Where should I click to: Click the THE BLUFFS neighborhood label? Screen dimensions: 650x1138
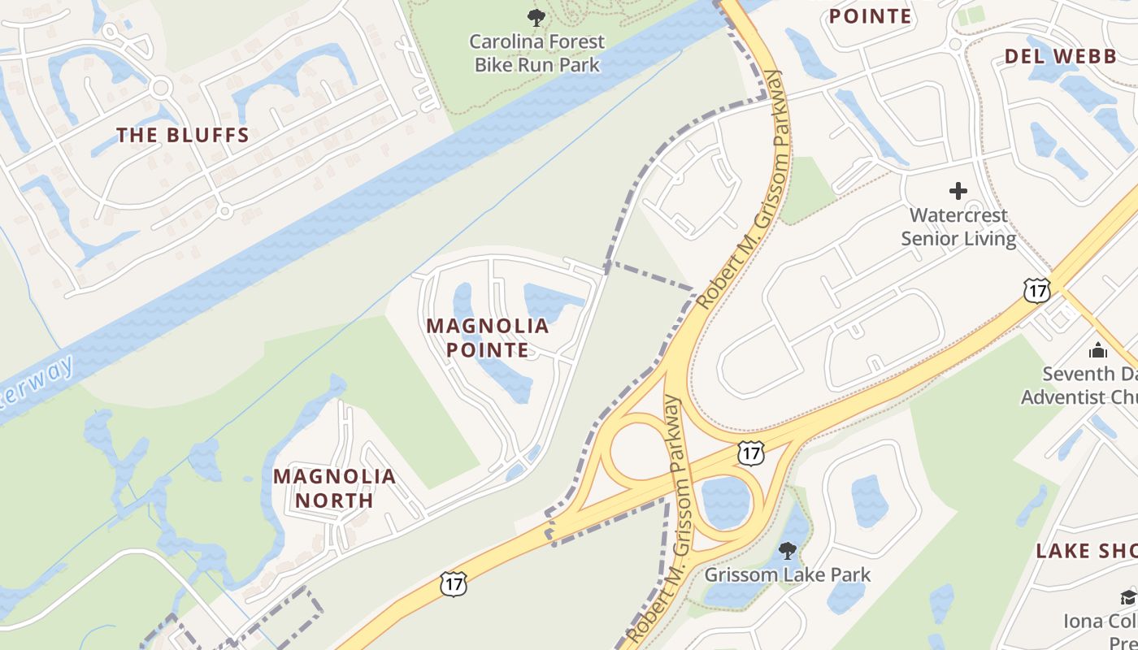pos(183,136)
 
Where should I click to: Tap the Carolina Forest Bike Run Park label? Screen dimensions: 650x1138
pos(537,53)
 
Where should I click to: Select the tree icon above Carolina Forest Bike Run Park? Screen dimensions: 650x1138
pos(536,17)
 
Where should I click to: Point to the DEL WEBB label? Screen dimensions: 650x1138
pos(1060,56)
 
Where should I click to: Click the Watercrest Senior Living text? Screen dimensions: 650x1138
pos(958,227)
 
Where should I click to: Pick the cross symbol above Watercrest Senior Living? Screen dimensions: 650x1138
pos(958,192)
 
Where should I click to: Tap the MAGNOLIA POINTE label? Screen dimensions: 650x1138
pos(488,338)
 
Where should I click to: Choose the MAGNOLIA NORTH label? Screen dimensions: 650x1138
pos(334,487)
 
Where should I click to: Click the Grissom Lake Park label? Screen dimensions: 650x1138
pos(787,575)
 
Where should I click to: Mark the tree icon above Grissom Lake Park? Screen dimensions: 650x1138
pos(787,551)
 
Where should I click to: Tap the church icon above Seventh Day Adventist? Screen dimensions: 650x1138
pos(1098,350)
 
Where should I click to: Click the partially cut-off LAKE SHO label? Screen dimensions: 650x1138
pos(1086,551)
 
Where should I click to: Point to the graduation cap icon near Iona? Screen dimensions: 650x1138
pos(1128,597)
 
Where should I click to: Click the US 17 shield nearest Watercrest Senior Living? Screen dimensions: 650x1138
pos(1037,291)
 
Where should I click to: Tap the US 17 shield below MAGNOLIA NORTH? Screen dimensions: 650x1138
pos(454,583)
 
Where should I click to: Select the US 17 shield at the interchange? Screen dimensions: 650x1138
pos(751,453)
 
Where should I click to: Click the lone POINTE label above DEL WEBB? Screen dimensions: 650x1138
pos(870,16)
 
